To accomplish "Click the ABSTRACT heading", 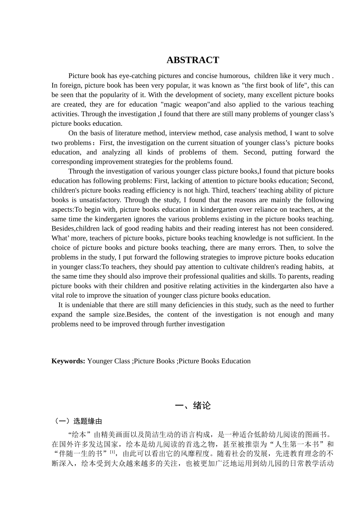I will point(193,60).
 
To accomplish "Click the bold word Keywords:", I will point(68,361).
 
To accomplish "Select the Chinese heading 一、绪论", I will point(193,406).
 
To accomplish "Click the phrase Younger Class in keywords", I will point(108,361).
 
